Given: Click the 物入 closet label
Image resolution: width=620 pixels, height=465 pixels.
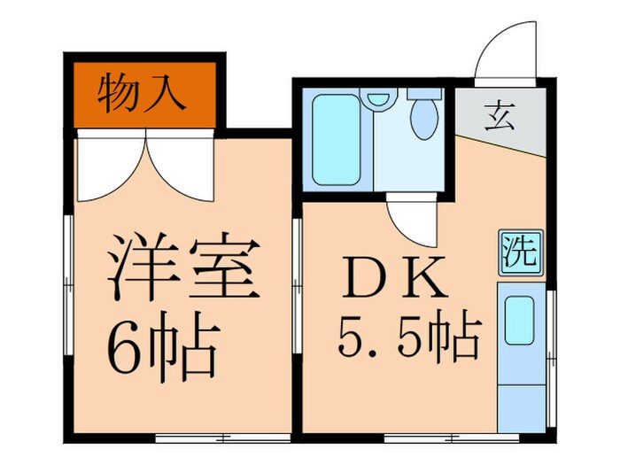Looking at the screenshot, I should click(143, 92).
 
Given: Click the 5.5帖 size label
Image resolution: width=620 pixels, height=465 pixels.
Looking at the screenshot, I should click(409, 337).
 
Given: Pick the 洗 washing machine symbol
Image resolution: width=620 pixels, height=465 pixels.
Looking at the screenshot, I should click(518, 251).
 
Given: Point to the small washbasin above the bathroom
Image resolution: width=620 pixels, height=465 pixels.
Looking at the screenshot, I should click(379, 100).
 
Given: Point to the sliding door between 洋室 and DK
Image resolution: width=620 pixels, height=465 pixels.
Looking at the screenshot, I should click(297, 266).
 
